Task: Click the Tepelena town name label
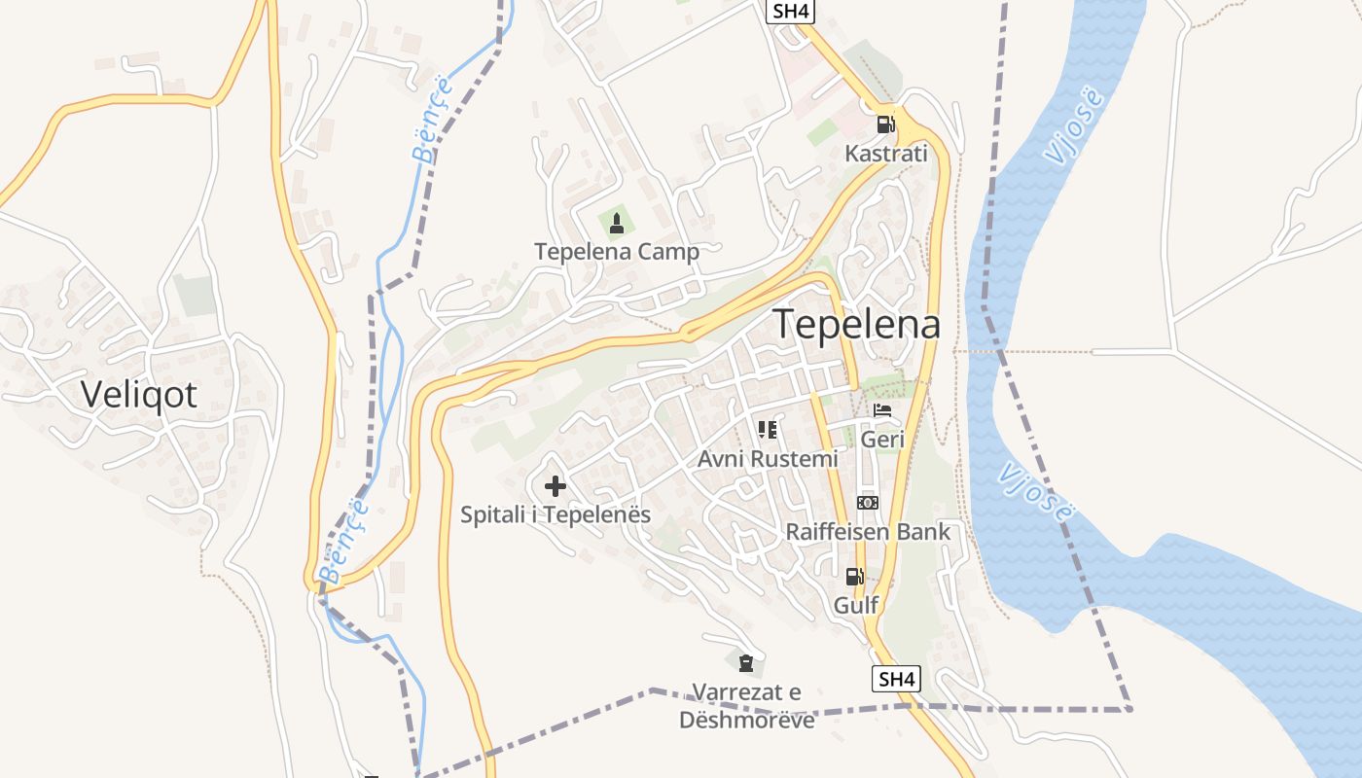857,325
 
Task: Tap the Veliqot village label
139,394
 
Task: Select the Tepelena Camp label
617,252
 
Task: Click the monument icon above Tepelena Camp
616,224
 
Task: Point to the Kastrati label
885,154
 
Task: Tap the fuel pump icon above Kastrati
885,124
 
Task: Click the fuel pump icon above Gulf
855,576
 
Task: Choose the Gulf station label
856,605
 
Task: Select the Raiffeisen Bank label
868,532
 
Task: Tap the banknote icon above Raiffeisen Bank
868,503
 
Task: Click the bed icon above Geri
882,410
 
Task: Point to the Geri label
883,440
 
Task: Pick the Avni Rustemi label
768,458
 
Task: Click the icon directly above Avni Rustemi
768,429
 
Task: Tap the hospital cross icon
556,485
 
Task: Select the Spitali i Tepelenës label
556,514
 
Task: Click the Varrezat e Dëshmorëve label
747,706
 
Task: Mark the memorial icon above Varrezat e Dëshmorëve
746,664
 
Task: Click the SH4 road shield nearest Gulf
896,679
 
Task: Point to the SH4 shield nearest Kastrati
791,12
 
